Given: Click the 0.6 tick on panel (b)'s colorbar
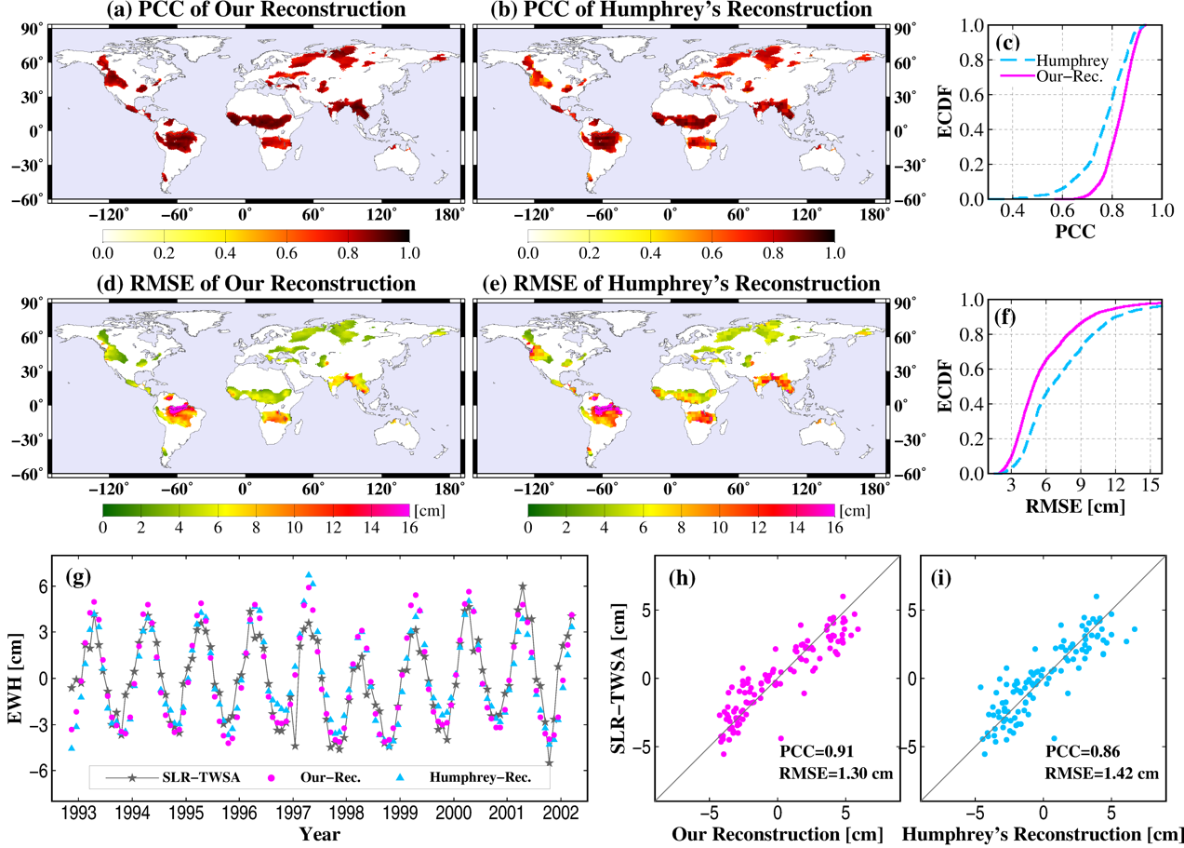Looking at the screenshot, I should (x=712, y=251).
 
